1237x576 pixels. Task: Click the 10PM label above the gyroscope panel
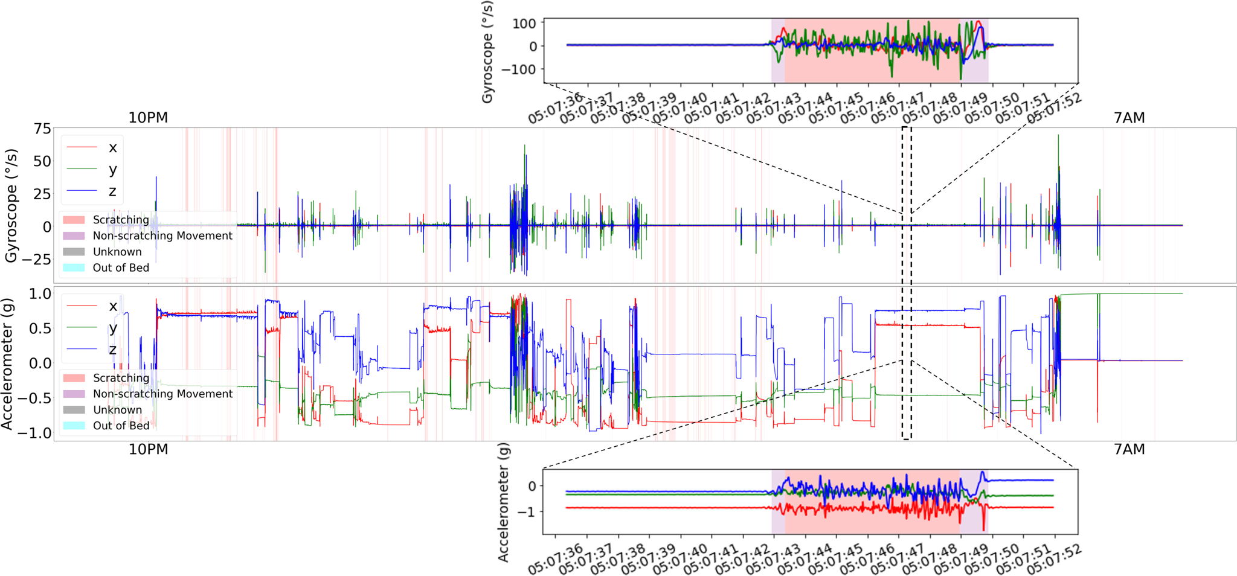[148, 118]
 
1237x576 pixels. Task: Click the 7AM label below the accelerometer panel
[1129, 449]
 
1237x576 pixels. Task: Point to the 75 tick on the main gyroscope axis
[43, 129]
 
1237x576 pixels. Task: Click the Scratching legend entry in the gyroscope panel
[120, 220]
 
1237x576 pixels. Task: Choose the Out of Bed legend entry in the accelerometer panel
[121, 426]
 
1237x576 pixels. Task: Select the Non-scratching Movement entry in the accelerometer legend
[162, 394]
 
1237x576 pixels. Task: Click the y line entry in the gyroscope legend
[112, 170]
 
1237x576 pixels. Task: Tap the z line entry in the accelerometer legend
[112, 350]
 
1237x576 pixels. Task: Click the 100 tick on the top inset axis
[524, 24]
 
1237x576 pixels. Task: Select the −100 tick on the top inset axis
[520, 69]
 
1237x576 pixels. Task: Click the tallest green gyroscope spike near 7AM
[1058, 136]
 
